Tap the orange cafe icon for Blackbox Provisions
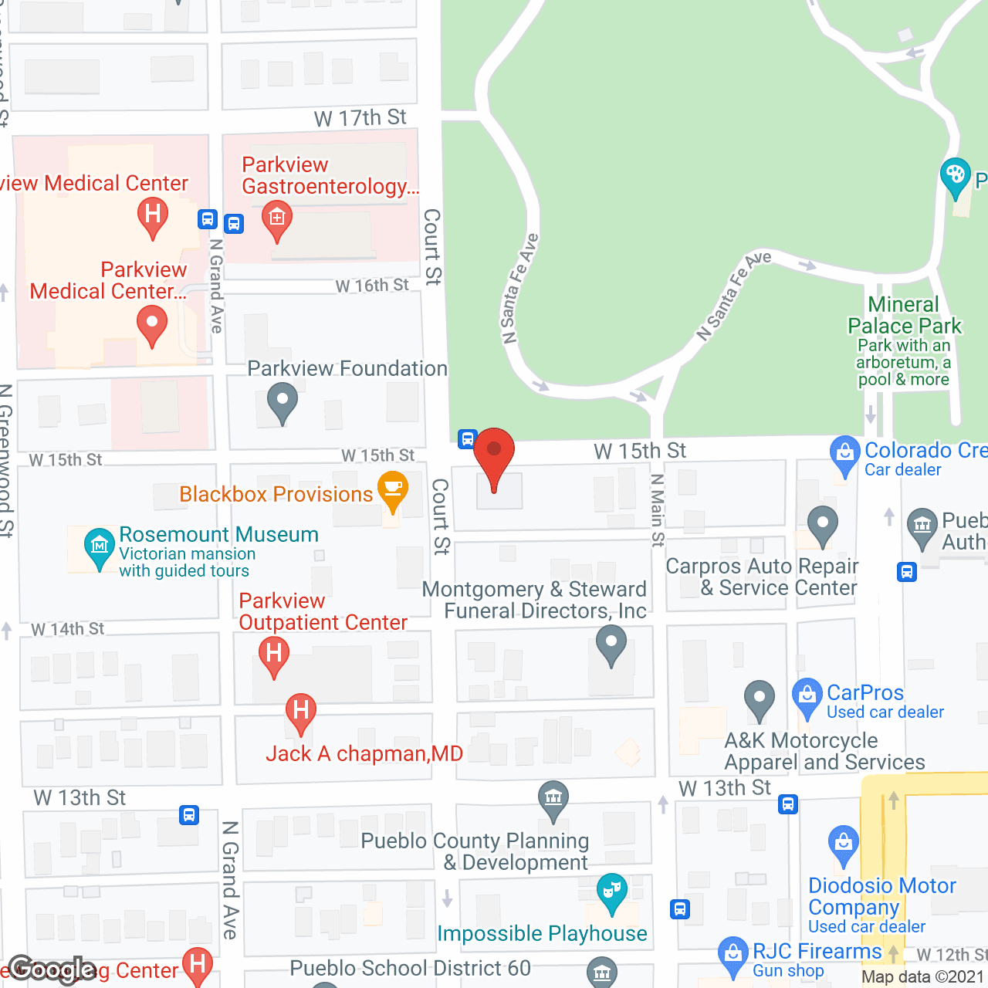click(x=393, y=490)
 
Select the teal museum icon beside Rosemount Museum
click(x=99, y=546)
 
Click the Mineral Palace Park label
click(x=904, y=316)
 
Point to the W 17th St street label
click(x=360, y=118)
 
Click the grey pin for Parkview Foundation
click(x=282, y=402)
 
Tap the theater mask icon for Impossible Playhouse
click(x=612, y=892)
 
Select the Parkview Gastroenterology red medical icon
click(x=276, y=219)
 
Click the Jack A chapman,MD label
click(x=364, y=754)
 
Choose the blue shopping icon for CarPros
click(x=807, y=696)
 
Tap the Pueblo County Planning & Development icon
click(x=553, y=799)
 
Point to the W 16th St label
click(x=372, y=286)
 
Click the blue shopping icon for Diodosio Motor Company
click(x=844, y=844)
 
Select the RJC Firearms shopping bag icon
click(x=733, y=955)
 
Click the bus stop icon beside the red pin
click(x=467, y=439)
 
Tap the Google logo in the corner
click(x=52, y=969)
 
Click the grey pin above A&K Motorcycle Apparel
click(x=760, y=699)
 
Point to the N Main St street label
click(x=658, y=510)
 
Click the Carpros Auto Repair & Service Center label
click(x=762, y=577)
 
